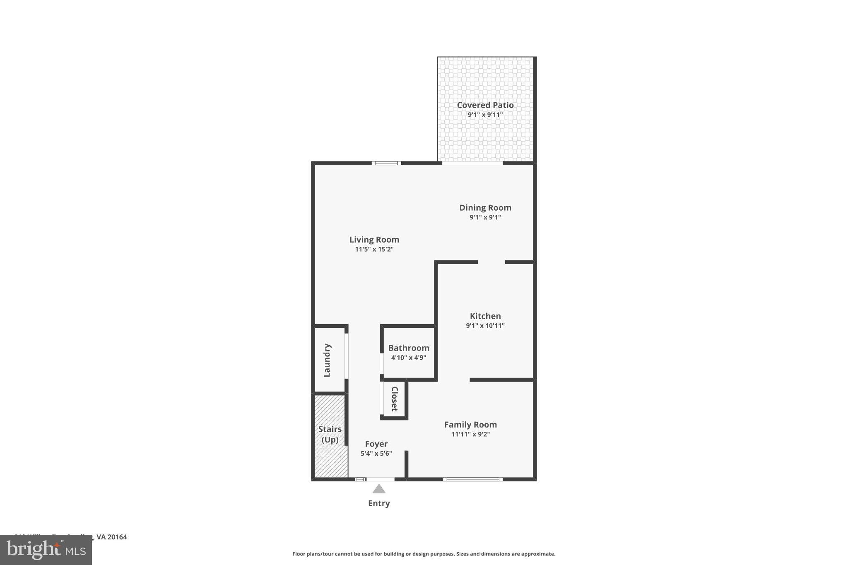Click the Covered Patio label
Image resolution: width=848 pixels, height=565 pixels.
click(485, 105)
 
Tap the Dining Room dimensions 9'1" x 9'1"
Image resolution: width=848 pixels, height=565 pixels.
click(485, 217)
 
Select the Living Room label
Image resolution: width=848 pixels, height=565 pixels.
click(374, 240)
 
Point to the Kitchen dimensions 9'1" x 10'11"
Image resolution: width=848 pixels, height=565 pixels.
click(485, 326)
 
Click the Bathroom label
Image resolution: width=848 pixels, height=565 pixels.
click(408, 348)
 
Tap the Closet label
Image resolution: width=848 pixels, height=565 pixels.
click(395, 399)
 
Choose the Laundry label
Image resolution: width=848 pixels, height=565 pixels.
click(327, 360)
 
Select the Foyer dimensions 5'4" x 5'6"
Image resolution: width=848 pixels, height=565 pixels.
click(376, 454)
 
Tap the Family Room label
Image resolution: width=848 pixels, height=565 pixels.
click(470, 425)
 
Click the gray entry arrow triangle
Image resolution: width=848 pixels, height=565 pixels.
click(378, 490)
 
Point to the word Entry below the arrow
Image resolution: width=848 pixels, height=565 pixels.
click(378, 503)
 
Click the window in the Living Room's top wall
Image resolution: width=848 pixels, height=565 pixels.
click(386, 163)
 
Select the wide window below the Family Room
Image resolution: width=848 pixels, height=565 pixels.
click(472, 479)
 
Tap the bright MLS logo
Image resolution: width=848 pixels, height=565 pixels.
click(46, 550)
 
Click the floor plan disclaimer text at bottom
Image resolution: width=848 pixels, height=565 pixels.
click(424, 554)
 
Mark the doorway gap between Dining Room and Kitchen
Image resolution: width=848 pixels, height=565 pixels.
click(491, 262)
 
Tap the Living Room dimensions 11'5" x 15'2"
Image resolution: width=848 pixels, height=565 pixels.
click(374, 250)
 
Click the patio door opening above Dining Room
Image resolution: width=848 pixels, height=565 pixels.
click(472, 163)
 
